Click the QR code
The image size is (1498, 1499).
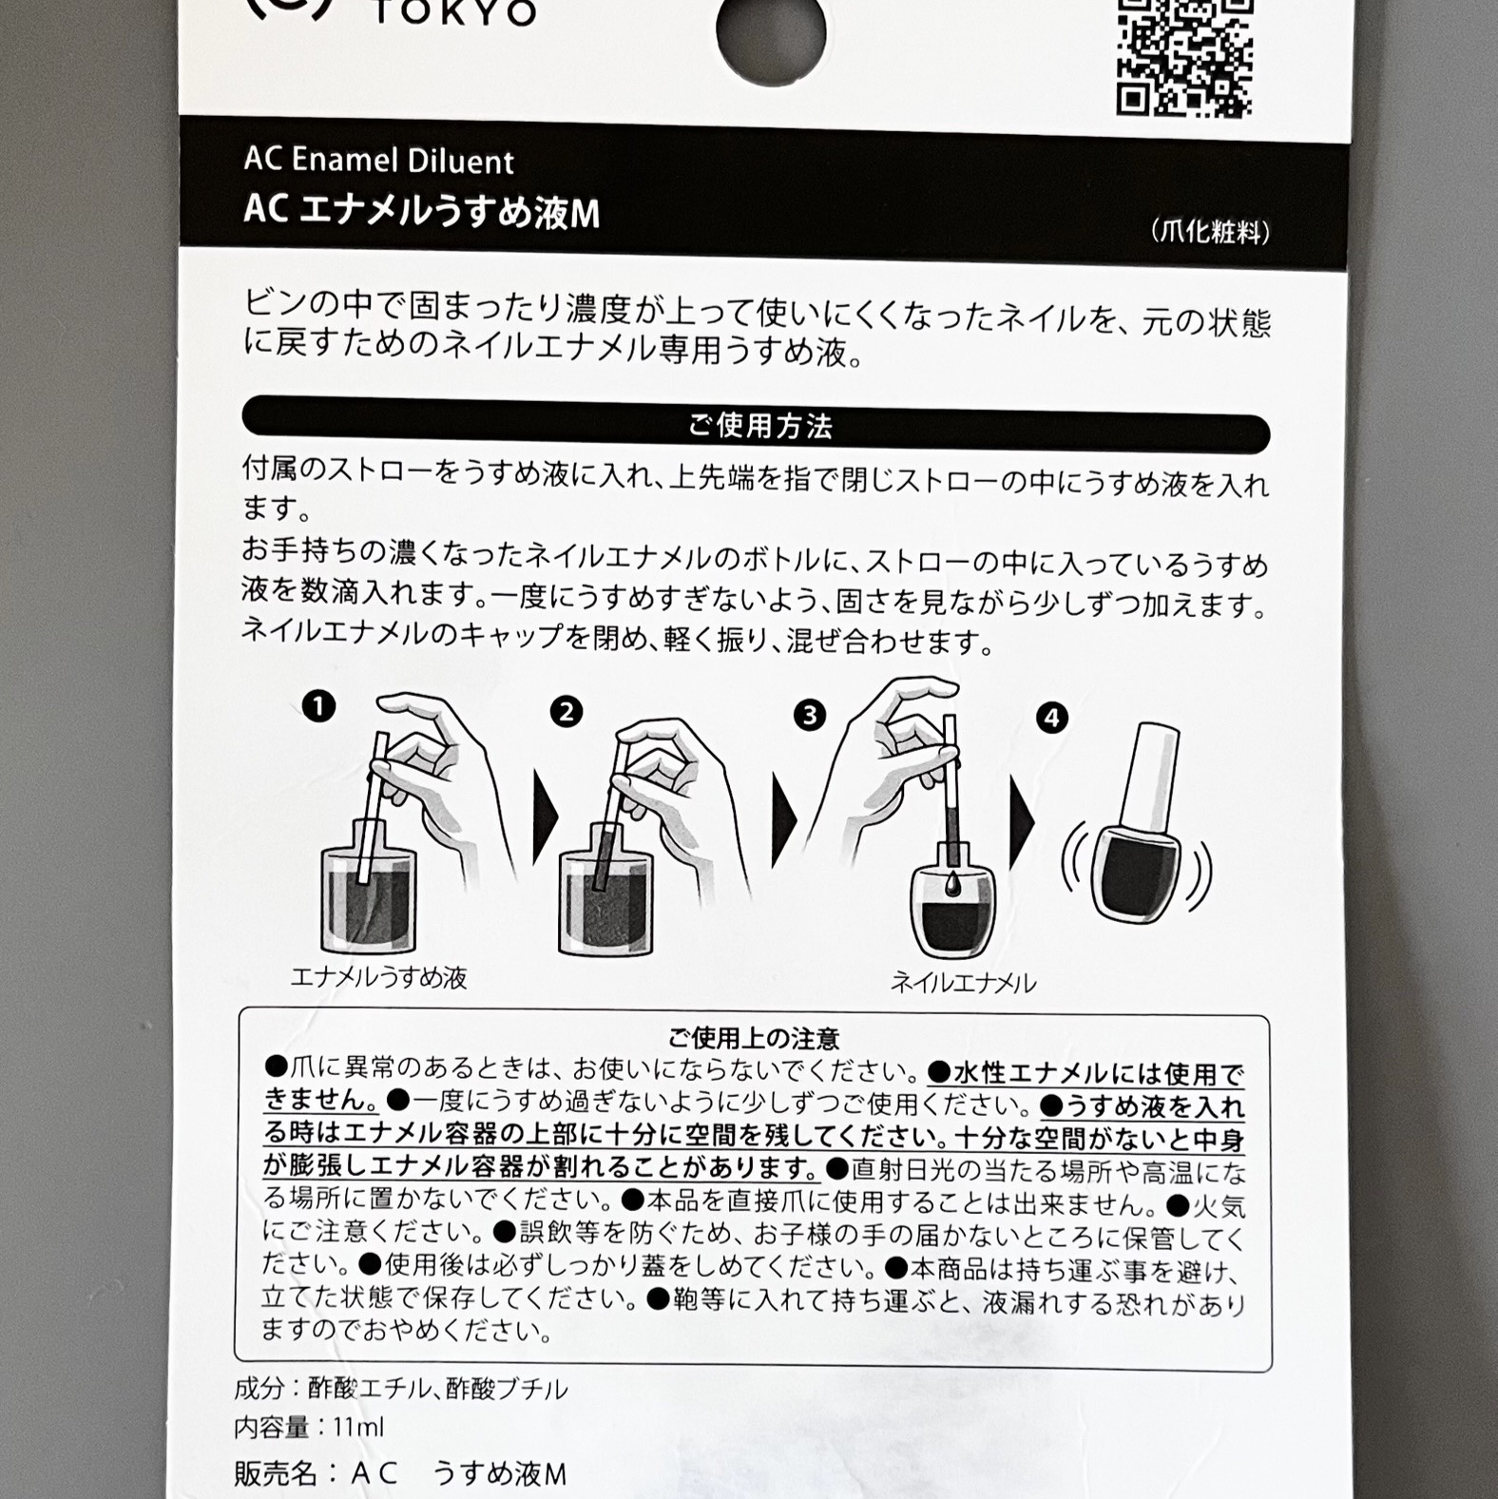tap(1183, 57)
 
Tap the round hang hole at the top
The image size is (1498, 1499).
tap(770, 33)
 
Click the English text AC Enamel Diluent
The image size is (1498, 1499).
tap(378, 160)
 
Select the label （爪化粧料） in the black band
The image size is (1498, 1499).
tap(1210, 231)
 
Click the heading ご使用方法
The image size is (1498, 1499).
tap(759, 427)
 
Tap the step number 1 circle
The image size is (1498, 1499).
tap(318, 706)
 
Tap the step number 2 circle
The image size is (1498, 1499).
tap(566, 712)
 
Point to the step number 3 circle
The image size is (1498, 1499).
tap(810, 715)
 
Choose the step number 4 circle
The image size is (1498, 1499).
tap(1051, 718)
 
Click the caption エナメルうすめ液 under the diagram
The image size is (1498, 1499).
tap(378, 977)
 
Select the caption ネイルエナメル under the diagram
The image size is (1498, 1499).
tap(962, 982)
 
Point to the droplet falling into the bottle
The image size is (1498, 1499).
tap(952, 883)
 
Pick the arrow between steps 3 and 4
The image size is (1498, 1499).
tap(1022, 823)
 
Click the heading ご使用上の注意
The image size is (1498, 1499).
tap(754, 1038)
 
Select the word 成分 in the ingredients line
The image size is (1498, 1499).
tap(259, 1389)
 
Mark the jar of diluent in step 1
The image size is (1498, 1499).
tap(369, 898)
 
